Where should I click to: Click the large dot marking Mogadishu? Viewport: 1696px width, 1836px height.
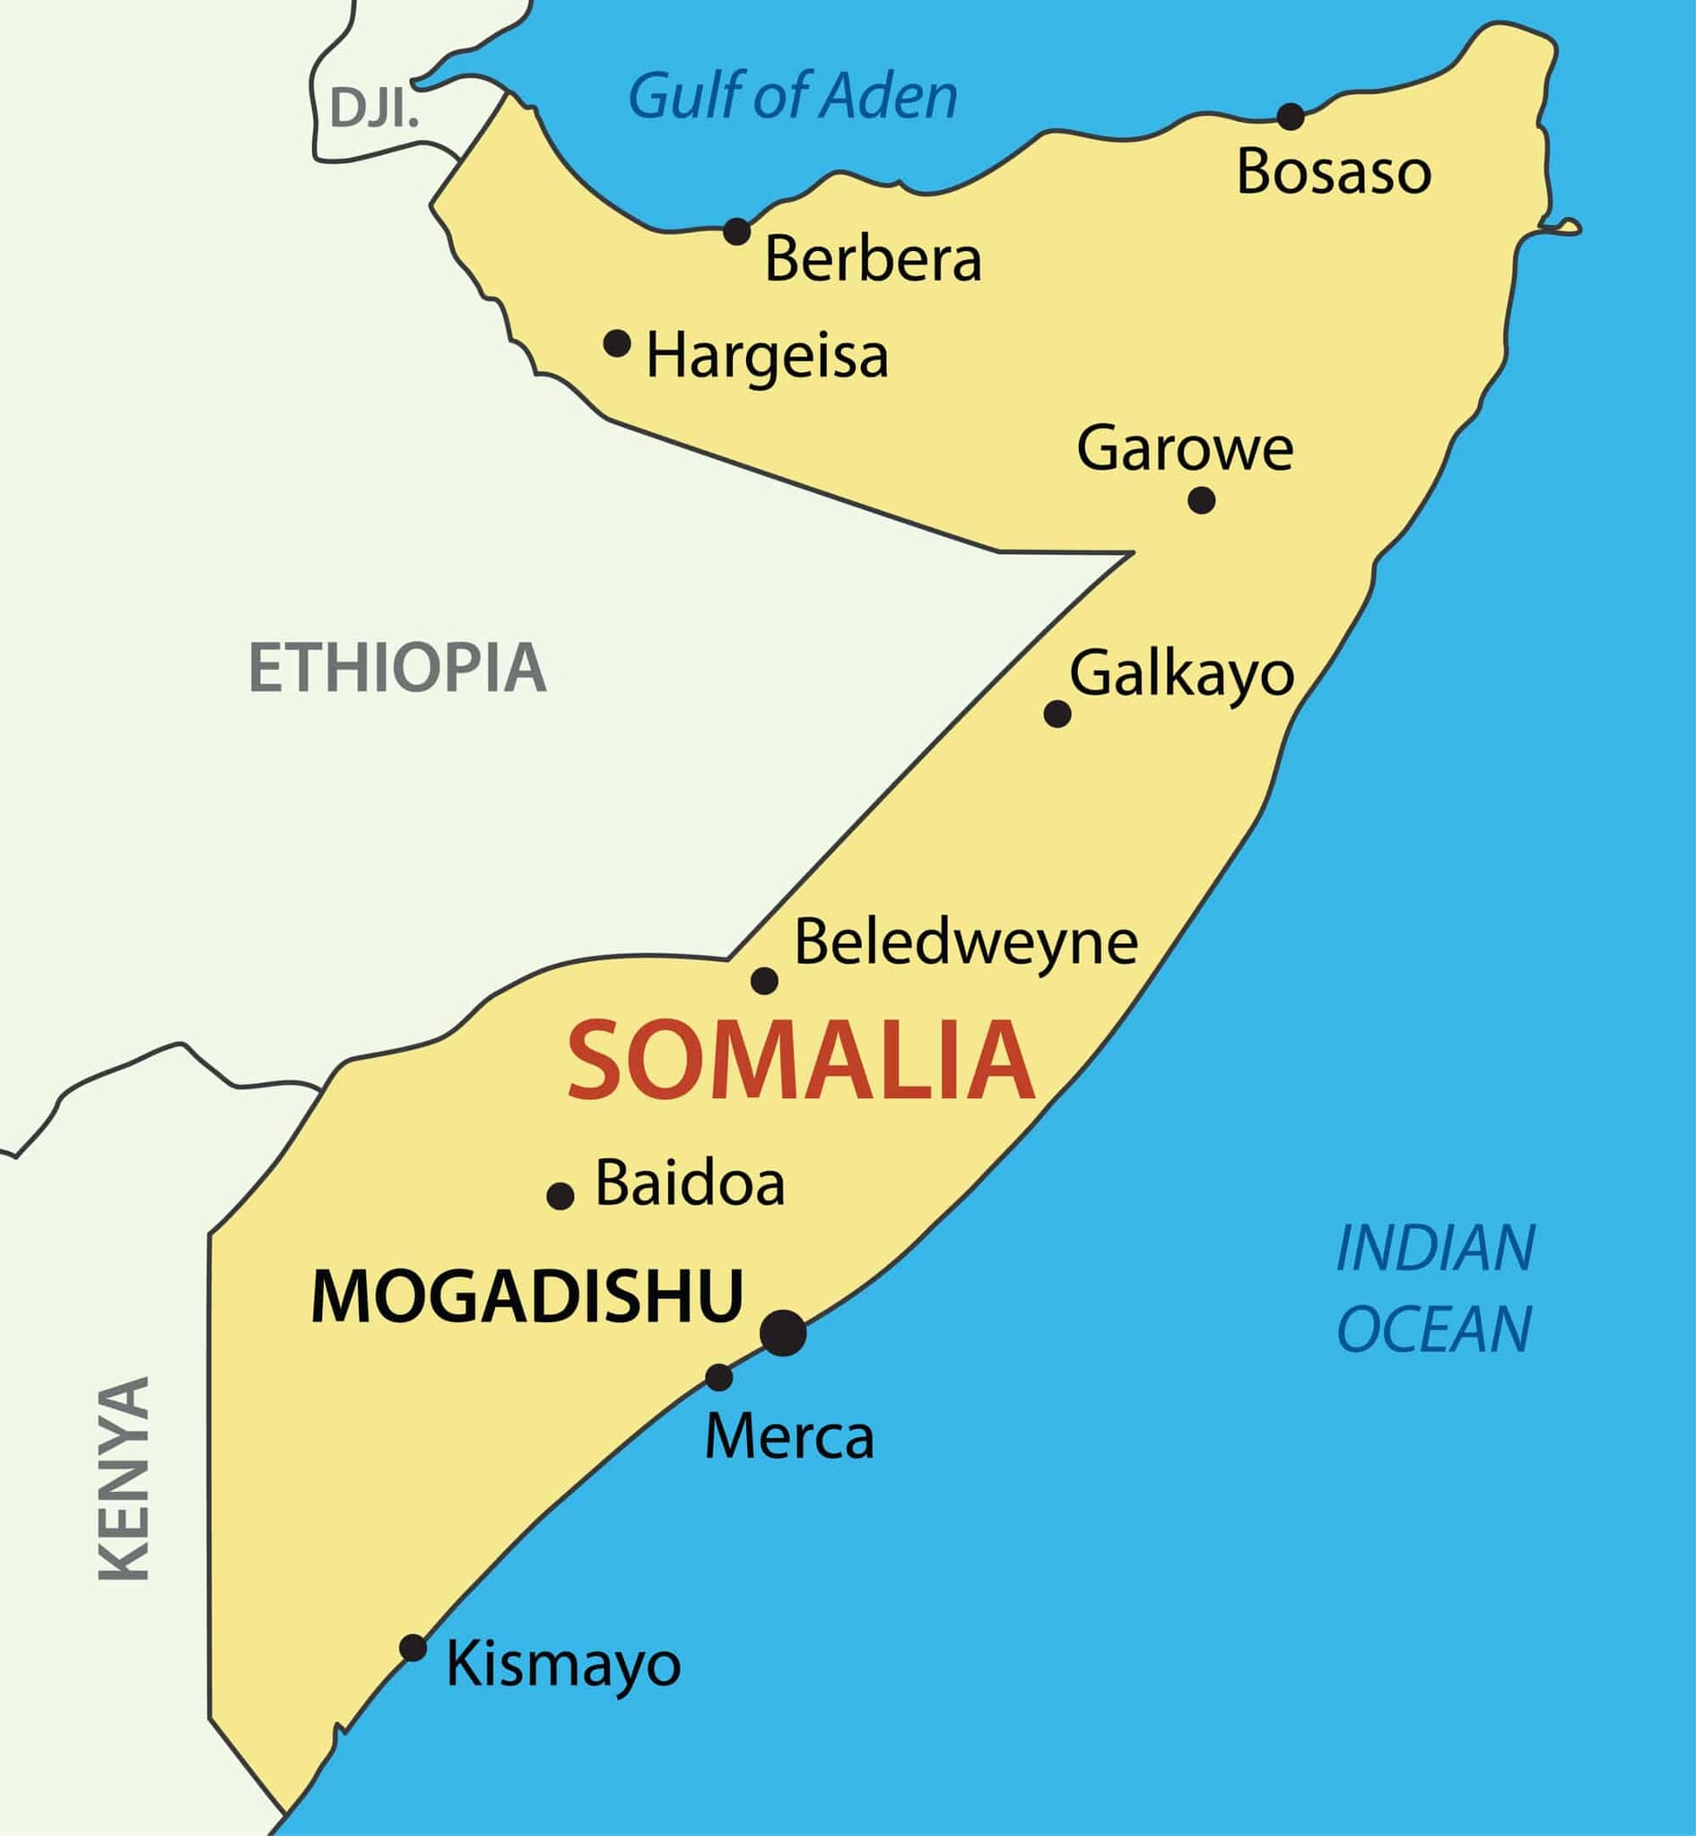click(783, 1332)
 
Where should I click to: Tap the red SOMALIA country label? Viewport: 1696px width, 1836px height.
click(801, 1061)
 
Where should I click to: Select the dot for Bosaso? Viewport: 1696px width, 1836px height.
click(1291, 117)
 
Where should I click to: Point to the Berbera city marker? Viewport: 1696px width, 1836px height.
click(737, 231)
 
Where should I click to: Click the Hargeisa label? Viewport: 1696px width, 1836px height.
click(767, 357)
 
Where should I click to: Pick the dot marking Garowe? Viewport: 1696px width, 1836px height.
click(1201, 500)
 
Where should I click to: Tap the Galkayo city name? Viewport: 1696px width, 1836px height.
click(1182, 675)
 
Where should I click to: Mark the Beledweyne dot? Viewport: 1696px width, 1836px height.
click(764, 981)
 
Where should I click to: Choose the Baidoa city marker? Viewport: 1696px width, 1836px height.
click(560, 1196)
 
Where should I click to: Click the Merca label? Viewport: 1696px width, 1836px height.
click(789, 1437)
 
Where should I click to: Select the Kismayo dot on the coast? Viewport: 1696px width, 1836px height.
click(413, 1648)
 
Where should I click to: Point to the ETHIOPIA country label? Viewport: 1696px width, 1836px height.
click(397, 668)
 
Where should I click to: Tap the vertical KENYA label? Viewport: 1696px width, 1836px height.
click(125, 1478)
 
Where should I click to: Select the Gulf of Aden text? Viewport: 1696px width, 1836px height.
click(793, 95)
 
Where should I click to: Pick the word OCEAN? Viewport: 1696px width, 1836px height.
click(1434, 1329)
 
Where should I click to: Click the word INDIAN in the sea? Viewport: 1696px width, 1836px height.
click(1435, 1249)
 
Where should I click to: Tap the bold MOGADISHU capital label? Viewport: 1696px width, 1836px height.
click(526, 1296)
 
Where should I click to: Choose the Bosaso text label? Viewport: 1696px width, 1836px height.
click(1334, 171)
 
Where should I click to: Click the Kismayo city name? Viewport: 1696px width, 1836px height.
click(563, 1665)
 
